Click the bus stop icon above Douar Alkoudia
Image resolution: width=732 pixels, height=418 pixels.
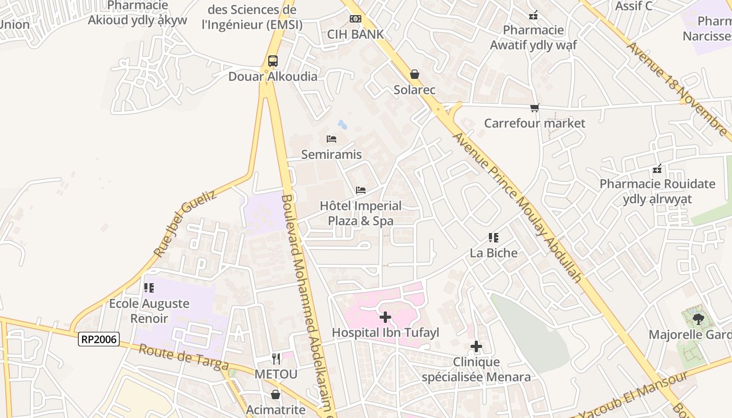point(272,61)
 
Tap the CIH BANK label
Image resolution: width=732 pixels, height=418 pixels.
point(356,34)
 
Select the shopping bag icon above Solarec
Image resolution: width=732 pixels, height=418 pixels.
point(415,75)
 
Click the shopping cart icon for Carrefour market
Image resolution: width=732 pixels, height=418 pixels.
point(534,108)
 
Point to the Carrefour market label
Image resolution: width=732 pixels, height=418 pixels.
point(534,123)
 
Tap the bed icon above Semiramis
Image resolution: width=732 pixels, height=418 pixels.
point(331,139)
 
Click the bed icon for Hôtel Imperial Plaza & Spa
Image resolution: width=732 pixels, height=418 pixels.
point(360,190)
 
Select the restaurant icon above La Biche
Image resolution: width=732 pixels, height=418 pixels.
point(493,238)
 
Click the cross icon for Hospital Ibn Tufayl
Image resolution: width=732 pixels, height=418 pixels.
point(385,317)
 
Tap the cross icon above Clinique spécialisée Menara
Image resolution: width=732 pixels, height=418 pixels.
point(476,346)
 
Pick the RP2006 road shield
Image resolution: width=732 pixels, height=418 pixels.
point(99,339)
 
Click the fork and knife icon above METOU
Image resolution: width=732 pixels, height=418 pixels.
point(276,358)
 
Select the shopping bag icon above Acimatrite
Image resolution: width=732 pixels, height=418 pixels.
point(276,394)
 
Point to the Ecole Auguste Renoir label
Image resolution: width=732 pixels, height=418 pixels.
point(149,311)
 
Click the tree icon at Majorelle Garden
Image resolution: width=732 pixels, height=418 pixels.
point(697,319)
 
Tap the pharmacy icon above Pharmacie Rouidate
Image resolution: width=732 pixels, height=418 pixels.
point(657,169)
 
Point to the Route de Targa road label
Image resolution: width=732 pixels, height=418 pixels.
point(184,357)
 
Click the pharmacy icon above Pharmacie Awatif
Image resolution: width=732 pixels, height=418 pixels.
point(533,15)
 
